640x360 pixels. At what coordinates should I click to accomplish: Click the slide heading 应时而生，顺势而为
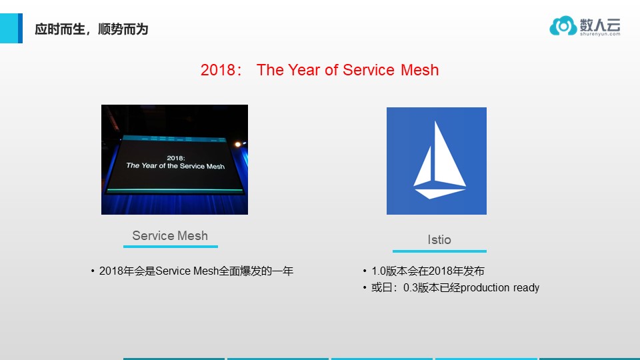click(91, 29)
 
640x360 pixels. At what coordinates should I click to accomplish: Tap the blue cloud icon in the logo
click(563, 26)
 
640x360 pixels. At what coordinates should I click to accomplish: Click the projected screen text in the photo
click(175, 162)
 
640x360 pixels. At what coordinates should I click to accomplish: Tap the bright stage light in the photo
click(236, 144)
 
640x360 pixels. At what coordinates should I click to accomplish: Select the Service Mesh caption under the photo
click(170, 235)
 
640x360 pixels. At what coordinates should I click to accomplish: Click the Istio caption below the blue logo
click(439, 239)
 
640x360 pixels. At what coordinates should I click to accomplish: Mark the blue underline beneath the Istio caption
click(439, 251)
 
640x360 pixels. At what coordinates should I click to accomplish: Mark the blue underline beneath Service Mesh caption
click(170, 247)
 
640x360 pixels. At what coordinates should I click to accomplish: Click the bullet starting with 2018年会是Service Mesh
click(196, 271)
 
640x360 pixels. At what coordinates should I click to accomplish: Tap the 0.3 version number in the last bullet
click(411, 288)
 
